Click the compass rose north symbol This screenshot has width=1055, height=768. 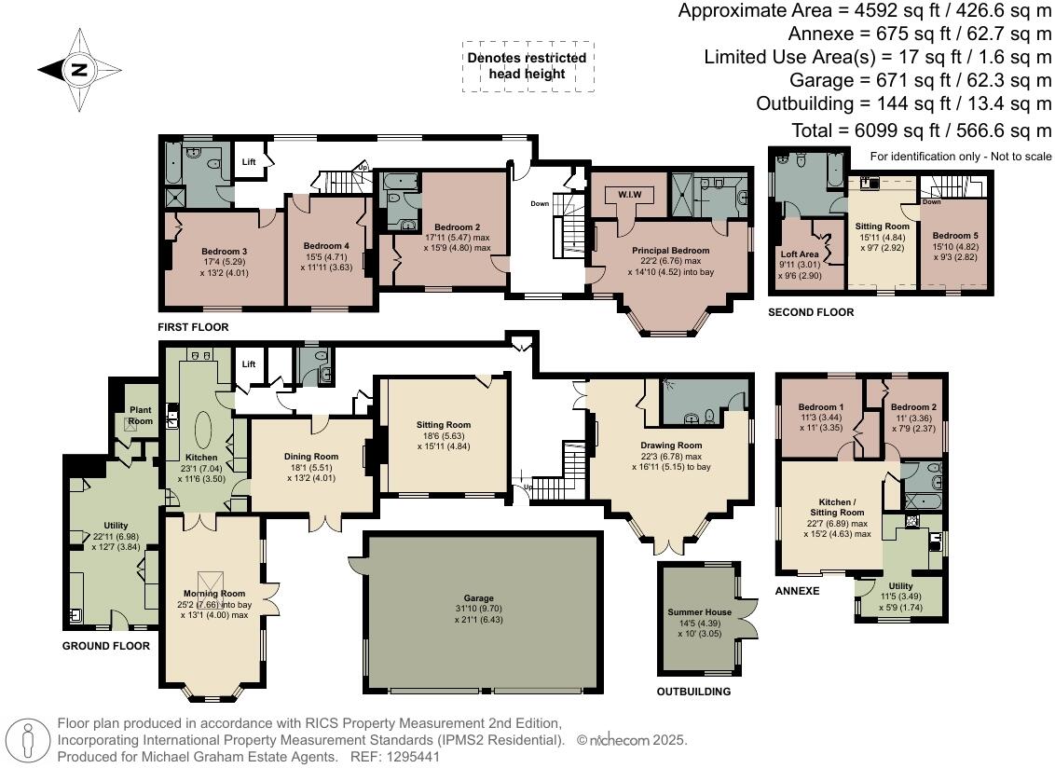point(79,68)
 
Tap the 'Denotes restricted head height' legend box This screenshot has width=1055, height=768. point(527,65)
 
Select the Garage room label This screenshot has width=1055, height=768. point(478,598)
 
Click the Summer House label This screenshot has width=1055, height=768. point(700,612)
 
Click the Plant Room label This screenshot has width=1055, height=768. point(140,416)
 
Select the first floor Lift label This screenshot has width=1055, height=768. point(249,162)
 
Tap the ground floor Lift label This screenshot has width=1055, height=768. point(249,363)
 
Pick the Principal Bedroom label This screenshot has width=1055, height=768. point(670,251)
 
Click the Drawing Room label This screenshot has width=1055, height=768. point(670,446)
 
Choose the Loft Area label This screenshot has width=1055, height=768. point(800,254)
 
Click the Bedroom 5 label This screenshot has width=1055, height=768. point(955,235)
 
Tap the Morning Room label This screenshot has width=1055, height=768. point(213,594)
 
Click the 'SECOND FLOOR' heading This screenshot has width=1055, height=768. point(810,313)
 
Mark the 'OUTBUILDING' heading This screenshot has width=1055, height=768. point(693,692)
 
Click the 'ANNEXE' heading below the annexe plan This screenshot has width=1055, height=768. point(797,591)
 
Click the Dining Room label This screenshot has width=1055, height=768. point(311,457)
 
